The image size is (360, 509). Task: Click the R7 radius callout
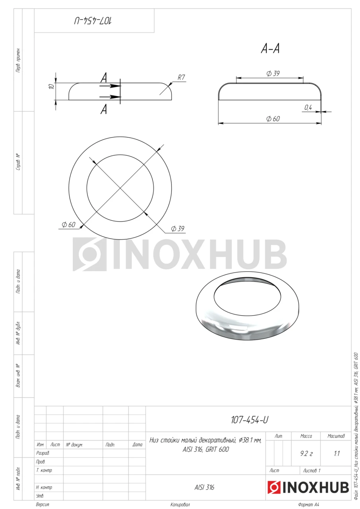(181, 78)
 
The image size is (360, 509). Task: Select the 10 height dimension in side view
(52, 86)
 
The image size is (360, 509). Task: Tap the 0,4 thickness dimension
(308, 107)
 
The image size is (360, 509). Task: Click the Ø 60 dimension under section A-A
(273, 119)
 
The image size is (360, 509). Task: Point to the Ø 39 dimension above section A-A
(273, 74)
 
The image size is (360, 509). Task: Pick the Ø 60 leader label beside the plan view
(68, 225)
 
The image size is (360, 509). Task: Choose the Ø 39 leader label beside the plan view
(178, 228)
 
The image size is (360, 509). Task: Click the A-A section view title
(270, 49)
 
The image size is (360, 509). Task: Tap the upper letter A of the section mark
(104, 78)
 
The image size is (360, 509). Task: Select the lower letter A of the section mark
(104, 110)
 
